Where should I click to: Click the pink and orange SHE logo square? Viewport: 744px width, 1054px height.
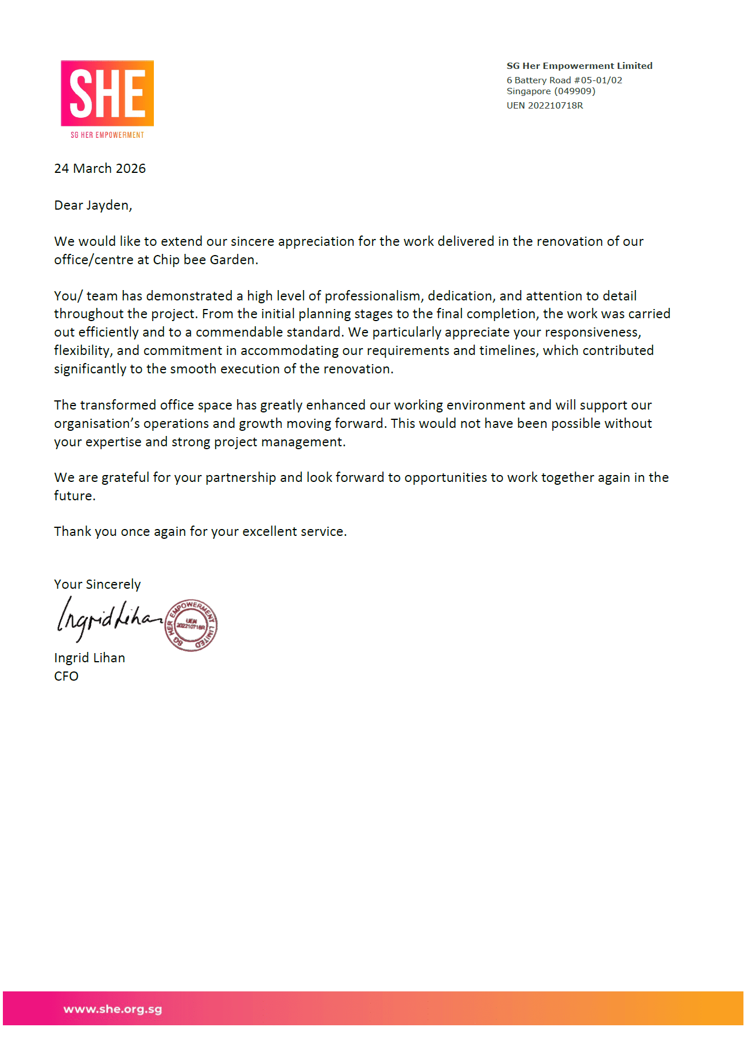(x=107, y=93)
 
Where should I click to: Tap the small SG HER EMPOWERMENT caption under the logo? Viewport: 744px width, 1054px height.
(x=107, y=135)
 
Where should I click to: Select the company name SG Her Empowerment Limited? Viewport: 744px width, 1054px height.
(x=579, y=66)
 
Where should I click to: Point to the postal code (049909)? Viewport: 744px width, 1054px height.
(x=575, y=91)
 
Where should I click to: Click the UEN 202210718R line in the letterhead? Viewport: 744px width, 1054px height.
(x=544, y=106)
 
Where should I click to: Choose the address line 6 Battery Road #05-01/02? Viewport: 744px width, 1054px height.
(x=564, y=80)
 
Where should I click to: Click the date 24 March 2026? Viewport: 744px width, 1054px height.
(x=100, y=168)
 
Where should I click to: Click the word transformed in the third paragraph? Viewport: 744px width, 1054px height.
(x=118, y=405)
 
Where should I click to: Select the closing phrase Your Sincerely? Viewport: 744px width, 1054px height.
(x=97, y=584)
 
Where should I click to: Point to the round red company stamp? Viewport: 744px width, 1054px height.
(x=191, y=625)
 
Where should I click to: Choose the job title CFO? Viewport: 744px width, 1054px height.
(x=66, y=676)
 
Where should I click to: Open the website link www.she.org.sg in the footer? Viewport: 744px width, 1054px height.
(x=113, y=1009)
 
